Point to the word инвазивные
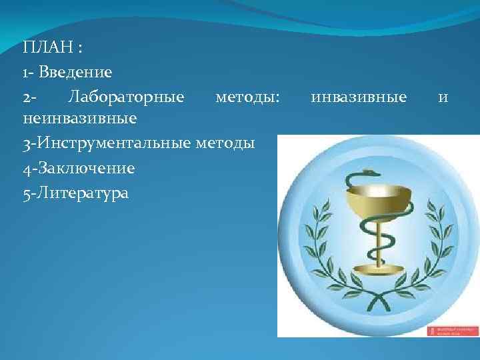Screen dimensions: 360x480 coord(359,97)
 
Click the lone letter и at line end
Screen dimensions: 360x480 coord(443,98)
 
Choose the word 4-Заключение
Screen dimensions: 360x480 coord(79,168)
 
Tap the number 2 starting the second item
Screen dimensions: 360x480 coord(26,97)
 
